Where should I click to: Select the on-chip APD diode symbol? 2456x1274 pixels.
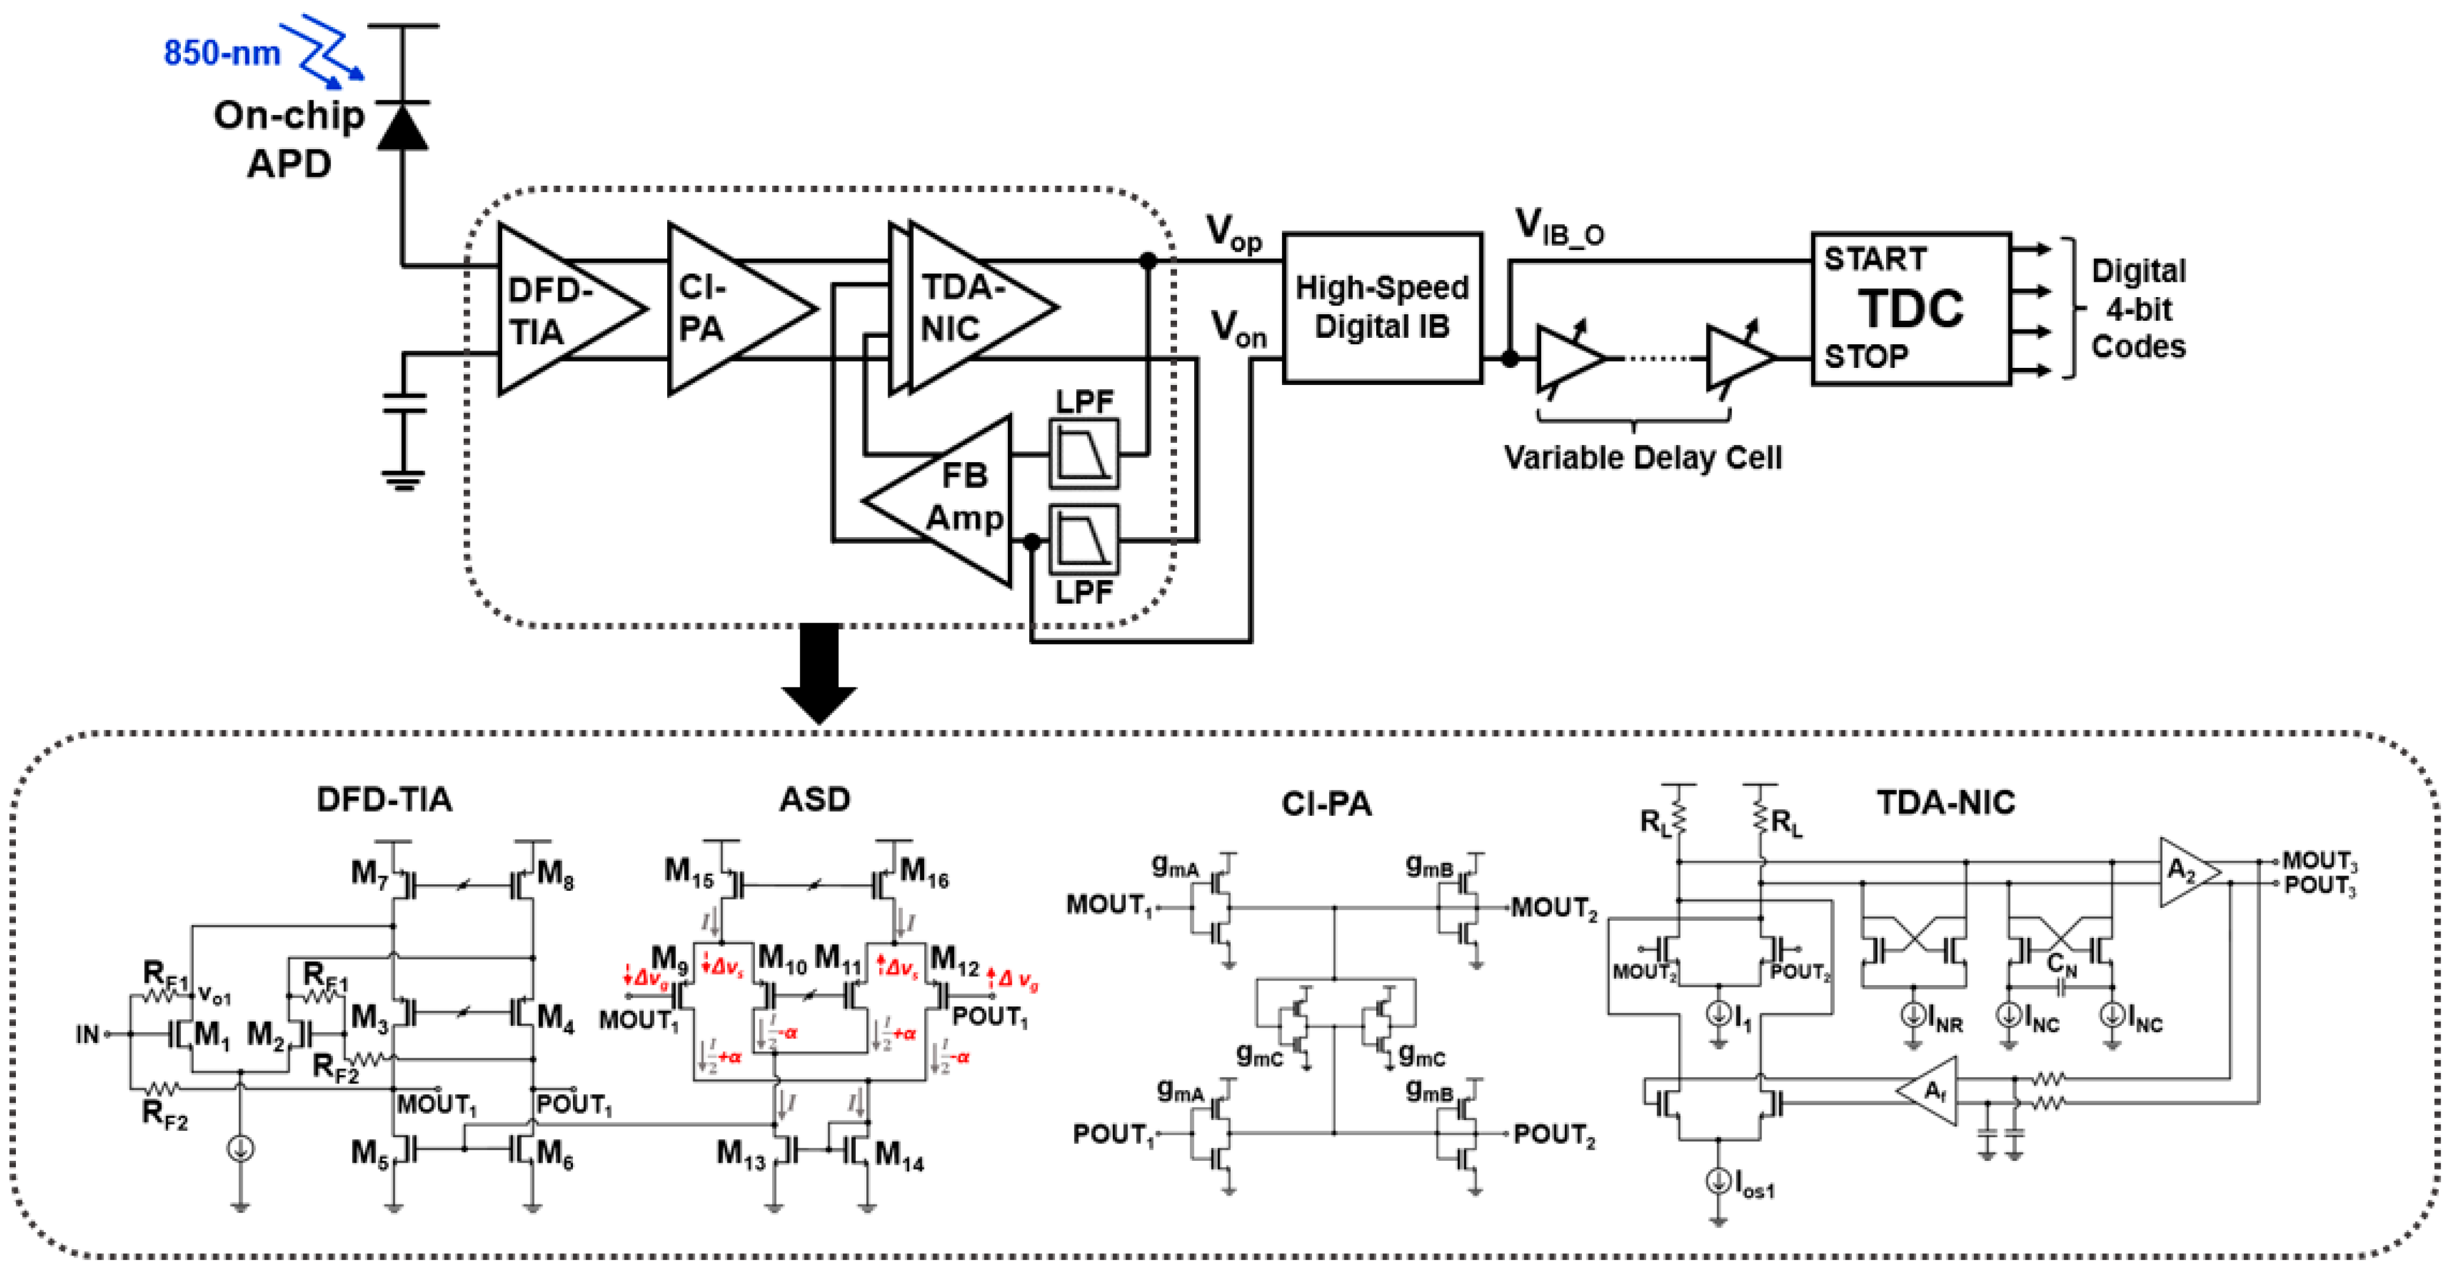[403, 126]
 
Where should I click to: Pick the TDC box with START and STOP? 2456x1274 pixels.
[1911, 308]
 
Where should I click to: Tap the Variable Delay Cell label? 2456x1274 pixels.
[1642, 457]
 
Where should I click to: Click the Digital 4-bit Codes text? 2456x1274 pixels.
[2138, 309]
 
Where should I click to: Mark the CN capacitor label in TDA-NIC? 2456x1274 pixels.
[2061, 964]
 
